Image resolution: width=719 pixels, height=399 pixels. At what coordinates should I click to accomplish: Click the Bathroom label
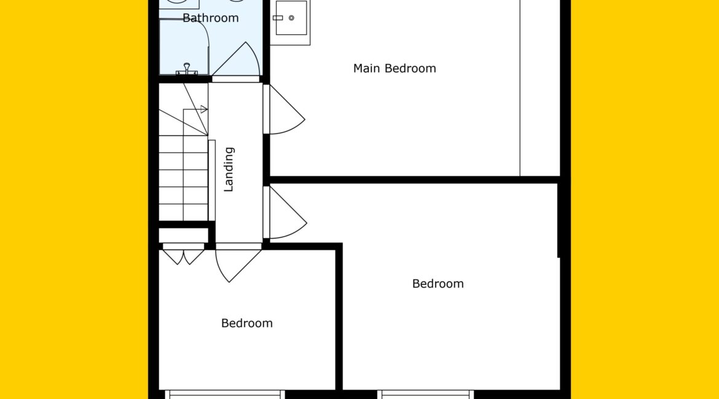pyautogui.click(x=210, y=18)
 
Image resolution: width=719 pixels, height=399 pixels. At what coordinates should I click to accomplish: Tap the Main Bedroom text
pyautogui.click(x=395, y=68)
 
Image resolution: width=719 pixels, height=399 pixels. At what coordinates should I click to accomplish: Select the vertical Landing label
pyautogui.click(x=229, y=169)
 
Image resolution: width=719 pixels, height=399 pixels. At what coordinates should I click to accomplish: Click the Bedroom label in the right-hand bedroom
pyautogui.click(x=438, y=284)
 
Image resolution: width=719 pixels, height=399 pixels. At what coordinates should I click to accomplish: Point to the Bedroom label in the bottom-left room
pyautogui.click(x=246, y=323)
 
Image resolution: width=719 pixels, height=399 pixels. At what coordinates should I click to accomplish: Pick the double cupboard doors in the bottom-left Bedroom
pyautogui.click(x=183, y=257)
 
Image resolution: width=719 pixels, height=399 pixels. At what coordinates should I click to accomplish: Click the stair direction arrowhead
pyautogui.click(x=204, y=109)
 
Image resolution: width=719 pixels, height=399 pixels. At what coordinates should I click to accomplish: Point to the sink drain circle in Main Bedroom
pyautogui.click(x=291, y=18)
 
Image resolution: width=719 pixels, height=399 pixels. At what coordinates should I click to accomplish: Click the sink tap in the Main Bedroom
pyautogui.click(x=278, y=18)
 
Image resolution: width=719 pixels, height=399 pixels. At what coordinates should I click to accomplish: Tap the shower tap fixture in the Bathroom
pyautogui.click(x=187, y=69)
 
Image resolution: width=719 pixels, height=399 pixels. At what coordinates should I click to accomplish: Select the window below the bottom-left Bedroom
pyautogui.click(x=225, y=395)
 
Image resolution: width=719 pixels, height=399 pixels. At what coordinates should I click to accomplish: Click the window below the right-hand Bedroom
pyautogui.click(x=425, y=395)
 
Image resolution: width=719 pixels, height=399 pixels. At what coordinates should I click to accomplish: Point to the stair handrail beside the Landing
pyautogui.click(x=212, y=180)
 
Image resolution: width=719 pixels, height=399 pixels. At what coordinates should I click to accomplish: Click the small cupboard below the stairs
pyautogui.click(x=183, y=236)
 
